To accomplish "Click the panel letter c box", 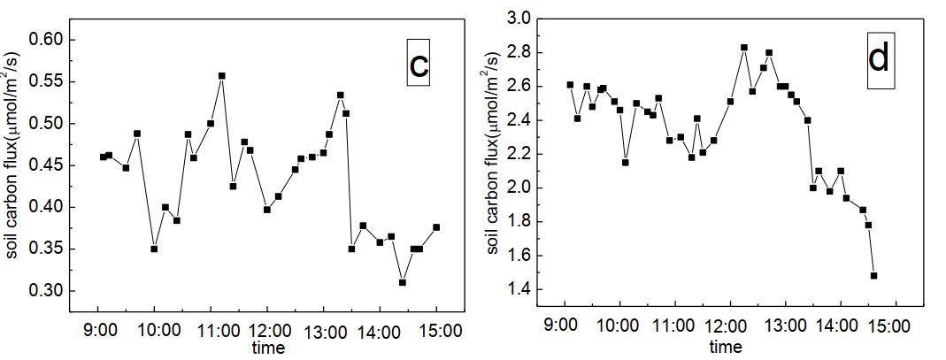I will click(x=419, y=62).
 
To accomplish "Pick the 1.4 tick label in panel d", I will click(x=518, y=290).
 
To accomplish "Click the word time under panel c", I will click(x=267, y=348).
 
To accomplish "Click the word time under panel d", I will click(x=726, y=348).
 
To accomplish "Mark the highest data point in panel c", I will click(x=221, y=76).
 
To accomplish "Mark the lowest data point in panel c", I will click(x=402, y=282).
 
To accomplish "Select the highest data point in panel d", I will click(x=744, y=48).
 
